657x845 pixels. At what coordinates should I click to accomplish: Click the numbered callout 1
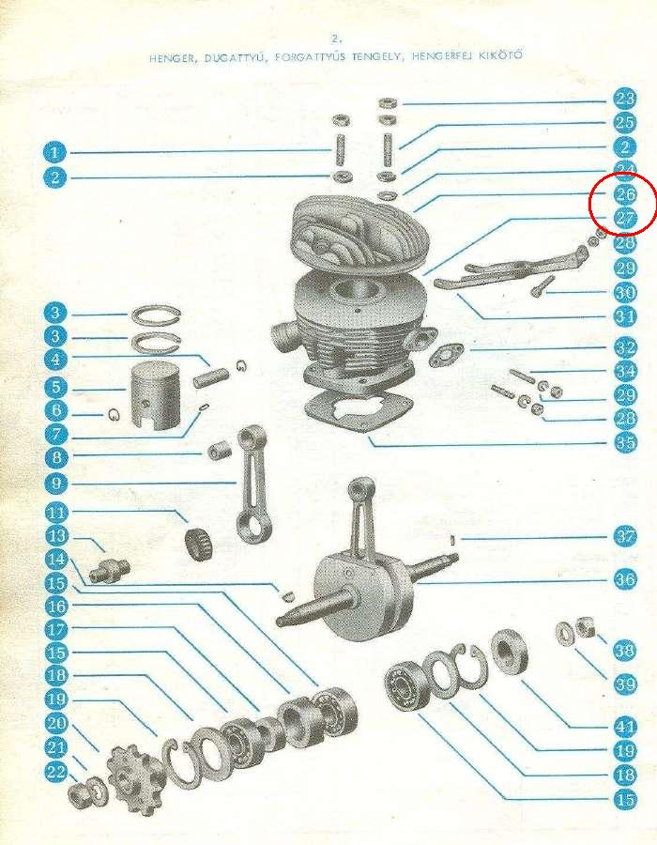[x=54, y=152]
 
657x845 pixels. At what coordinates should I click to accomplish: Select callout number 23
[x=625, y=99]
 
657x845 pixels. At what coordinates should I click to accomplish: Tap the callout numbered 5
[x=55, y=387]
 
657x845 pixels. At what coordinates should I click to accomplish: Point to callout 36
[x=625, y=579]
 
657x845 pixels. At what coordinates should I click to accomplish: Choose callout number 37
[x=625, y=536]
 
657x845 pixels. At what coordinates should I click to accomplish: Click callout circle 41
[x=625, y=727]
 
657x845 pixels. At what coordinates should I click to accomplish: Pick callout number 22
[x=56, y=772]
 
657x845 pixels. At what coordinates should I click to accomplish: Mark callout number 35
[x=625, y=442]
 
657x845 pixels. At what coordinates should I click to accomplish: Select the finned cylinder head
[x=359, y=232]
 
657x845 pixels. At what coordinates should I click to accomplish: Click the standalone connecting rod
[x=254, y=482]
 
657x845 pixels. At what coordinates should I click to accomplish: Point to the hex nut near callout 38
[x=585, y=627]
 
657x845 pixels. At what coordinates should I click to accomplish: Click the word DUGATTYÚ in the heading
[x=235, y=58]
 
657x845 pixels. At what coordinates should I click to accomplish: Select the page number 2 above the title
[x=337, y=38]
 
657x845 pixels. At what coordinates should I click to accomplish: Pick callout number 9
[x=56, y=483]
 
